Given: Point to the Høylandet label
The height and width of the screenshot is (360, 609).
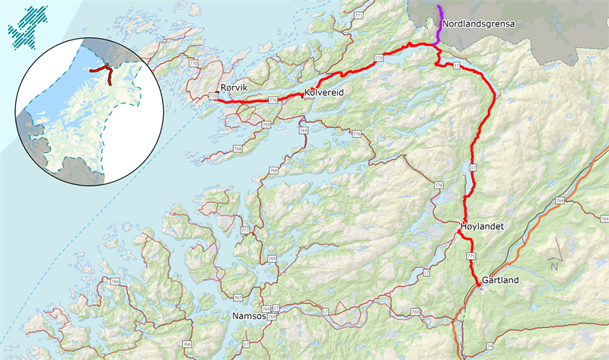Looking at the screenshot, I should [x=483, y=227].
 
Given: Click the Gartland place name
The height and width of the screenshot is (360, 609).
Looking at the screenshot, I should [x=500, y=281].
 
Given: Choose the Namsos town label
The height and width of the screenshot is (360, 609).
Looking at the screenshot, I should [x=248, y=315].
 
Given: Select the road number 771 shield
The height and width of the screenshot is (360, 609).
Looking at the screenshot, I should [x=359, y=16].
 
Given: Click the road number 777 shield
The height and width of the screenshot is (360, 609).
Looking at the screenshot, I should [x=244, y=230].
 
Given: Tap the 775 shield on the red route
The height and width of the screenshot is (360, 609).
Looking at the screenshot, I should [x=470, y=257].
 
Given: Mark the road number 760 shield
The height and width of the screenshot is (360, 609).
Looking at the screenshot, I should [x=415, y=311].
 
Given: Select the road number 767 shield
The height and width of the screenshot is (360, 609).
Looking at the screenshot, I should [x=236, y=298].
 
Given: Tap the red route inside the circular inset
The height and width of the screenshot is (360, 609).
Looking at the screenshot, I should [x=104, y=72].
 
